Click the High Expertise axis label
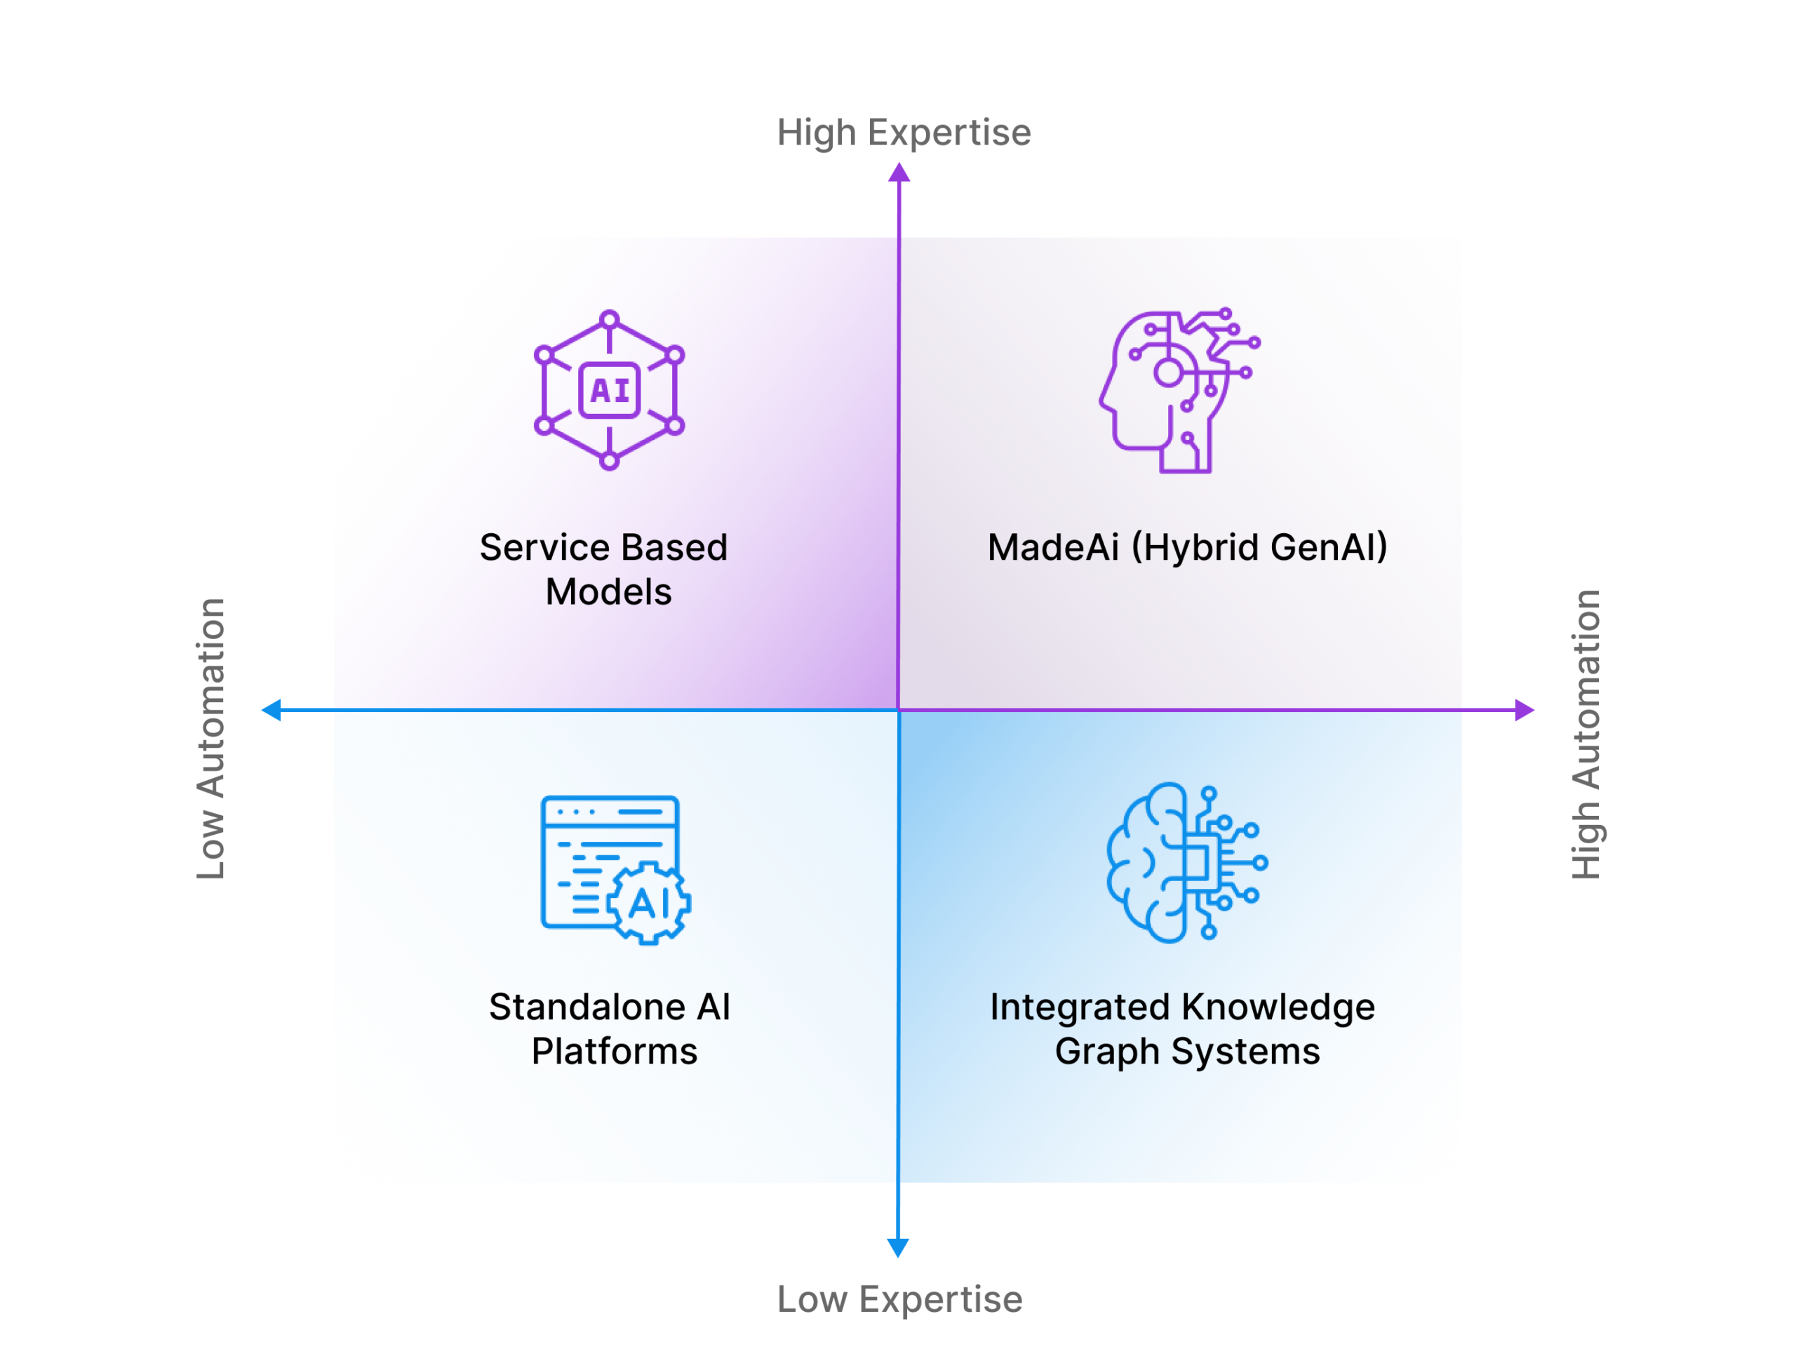(x=903, y=133)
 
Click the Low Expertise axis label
(x=899, y=1299)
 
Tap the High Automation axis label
(x=1586, y=735)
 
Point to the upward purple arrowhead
(x=899, y=172)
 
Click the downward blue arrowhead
(x=898, y=1247)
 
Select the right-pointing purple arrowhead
(x=1523, y=710)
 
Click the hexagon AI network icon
(x=609, y=390)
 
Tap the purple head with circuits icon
(x=1178, y=390)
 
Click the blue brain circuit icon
(x=1186, y=862)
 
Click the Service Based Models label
(x=604, y=569)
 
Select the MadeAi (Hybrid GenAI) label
(x=1187, y=547)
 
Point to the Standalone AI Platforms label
(x=610, y=1028)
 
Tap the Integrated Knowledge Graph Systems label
(x=1183, y=1028)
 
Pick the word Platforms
(x=615, y=1051)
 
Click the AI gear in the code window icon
(x=649, y=903)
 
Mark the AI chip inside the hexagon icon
(x=609, y=390)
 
